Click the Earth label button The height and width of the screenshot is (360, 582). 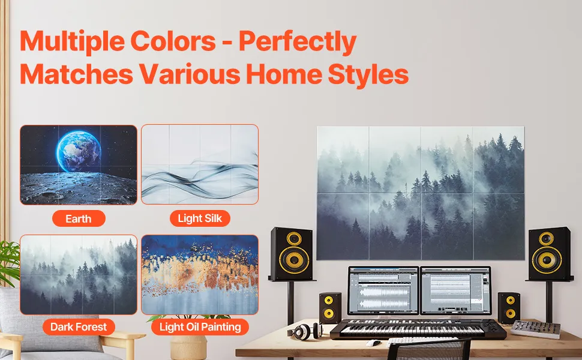[79, 218]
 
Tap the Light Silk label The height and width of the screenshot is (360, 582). [200, 218]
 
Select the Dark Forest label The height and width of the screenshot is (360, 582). [79, 327]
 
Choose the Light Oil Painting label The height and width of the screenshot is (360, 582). [200, 327]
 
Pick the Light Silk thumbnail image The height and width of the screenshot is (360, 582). [200, 164]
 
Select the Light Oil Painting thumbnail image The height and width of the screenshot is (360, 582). [200, 275]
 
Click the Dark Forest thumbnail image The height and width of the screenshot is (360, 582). [79, 275]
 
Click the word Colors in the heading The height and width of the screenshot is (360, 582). [173, 41]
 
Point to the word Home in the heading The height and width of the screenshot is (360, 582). [284, 74]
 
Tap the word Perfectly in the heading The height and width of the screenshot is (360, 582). [298, 43]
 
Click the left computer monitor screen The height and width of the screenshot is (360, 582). [383, 290]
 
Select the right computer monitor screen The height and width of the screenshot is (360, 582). [456, 290]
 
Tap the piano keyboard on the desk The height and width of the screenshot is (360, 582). [418, 329]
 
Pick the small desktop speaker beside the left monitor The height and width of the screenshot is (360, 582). [330, 308]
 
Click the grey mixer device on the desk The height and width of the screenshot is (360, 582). [536, 329]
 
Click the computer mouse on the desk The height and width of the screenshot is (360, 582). [373, 343]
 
